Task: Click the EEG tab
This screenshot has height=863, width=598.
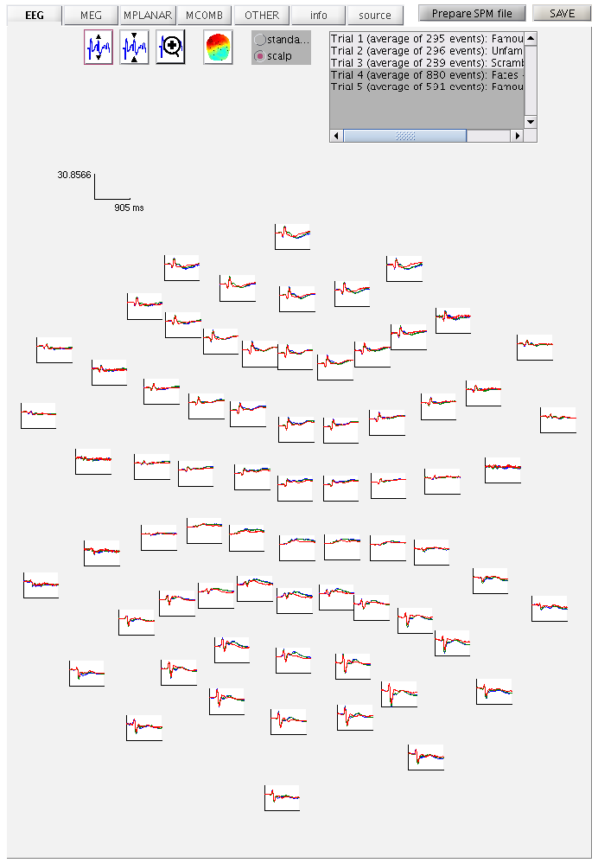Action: (35, 15)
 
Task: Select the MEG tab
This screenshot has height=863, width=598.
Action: (91, 15)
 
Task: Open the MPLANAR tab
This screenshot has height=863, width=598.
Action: (148, 15)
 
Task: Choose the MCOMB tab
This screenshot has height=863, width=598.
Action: (204, 15)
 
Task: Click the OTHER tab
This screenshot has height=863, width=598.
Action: (261, 15)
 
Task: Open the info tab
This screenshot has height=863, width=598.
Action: (318, 15)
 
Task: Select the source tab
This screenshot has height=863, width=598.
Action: (375, 15)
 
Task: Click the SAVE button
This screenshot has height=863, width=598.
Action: (562, 14)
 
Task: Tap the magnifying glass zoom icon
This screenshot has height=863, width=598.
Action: (171, 48)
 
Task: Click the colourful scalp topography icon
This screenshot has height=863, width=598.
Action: (219, 48)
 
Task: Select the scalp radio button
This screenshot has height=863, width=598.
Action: (260, 56)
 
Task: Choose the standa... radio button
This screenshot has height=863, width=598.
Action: (260, 40)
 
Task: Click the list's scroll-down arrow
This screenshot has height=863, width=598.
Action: (531, 122)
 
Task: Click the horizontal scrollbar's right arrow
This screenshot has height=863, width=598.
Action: (518, 137)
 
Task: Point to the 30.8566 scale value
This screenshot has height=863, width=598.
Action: (74, 175)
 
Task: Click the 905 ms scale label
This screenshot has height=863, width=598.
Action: (129, 208)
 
